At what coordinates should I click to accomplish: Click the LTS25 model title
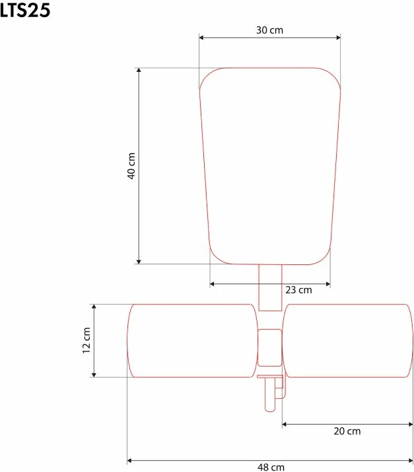coord(24,11)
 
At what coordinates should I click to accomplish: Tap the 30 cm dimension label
coord(269,30)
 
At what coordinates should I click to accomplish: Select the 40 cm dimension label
coord(131,166)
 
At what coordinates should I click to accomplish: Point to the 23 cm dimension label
coord(298,290)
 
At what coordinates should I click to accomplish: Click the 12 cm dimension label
coord(86,340)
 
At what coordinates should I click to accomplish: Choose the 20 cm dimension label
coord(347,431)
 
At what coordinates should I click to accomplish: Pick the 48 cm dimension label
coord(271,467)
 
